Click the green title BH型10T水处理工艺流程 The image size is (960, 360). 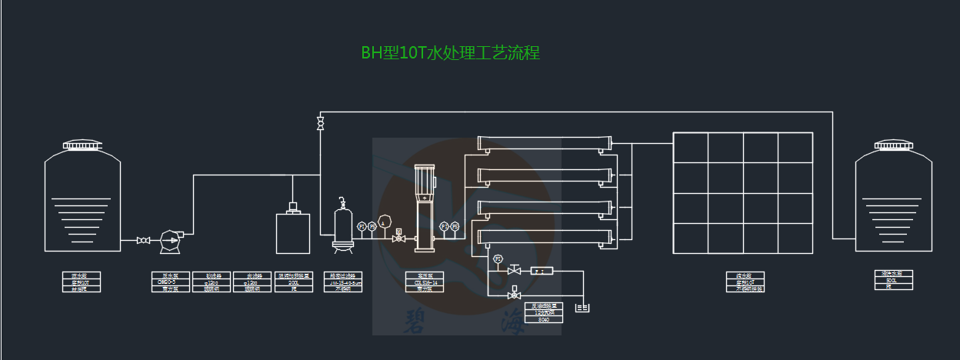coord(451,53)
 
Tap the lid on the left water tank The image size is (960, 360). coord(82,145)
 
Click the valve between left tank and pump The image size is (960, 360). coord(143,241)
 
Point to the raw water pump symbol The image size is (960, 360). coord(168,241)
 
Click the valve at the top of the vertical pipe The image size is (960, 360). coord(320,122)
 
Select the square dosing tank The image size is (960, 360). coord(293,232)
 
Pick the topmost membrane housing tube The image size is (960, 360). coord(545,143)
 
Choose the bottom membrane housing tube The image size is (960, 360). coord(545,238)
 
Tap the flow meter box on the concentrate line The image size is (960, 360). coord(542,270)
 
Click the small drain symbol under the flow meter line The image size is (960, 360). coord(583,308)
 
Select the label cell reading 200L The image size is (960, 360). coord(293,282)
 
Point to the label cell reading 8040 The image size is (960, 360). coord(545,319)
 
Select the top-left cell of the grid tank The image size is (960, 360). coord(690,148)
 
